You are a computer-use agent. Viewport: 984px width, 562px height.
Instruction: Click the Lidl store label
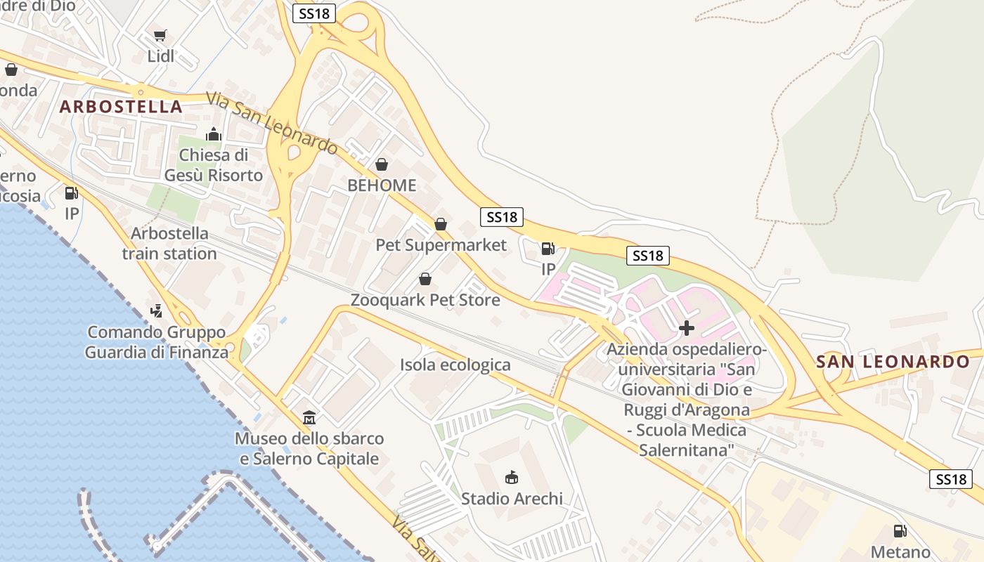(x=161, y=56)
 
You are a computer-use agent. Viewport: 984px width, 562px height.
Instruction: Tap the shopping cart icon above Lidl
(x=160, y=35)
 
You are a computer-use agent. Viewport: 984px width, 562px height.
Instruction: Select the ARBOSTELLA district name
(x=121, y=107)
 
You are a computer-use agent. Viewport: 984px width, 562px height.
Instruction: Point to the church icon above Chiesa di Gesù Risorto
(x=214, y=134)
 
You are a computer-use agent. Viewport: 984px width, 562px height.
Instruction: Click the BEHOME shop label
(x=382, y=186)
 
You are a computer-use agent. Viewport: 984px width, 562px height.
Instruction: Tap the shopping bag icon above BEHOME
(x=382, y=164)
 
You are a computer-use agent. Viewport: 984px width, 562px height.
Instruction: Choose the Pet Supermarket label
(x=441, y=245)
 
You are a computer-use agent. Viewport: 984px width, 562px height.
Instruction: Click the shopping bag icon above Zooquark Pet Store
(x=425, y=279)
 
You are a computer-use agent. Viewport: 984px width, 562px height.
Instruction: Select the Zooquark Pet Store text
(x=425, y=300)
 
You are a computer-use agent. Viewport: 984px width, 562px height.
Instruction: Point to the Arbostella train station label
(x=169, y=243)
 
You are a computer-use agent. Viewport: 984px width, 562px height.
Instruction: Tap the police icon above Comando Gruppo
(x=157, y=310)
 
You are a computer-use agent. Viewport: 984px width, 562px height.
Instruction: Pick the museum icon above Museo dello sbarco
(x=309, y=418)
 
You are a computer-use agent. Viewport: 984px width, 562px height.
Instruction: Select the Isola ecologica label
(x=455, y=365)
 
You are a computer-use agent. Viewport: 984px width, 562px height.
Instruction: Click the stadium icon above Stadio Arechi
(x=512, y=478)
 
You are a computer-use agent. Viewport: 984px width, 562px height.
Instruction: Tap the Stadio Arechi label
(x=512, y=499)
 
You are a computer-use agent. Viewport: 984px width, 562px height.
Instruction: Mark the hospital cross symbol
(x=687, y=327)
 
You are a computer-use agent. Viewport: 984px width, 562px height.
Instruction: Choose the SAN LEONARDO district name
(x=893, y=362)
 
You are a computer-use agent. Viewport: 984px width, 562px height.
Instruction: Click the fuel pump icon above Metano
(x=900, y=531)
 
